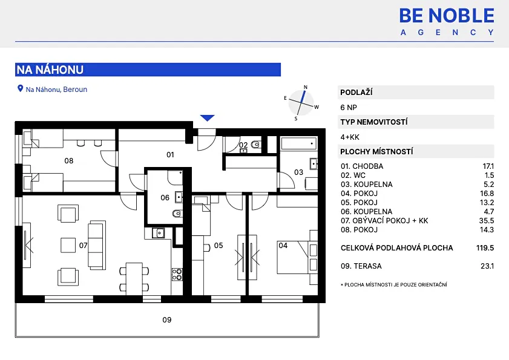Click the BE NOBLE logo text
tap(447, 15)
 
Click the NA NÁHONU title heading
tap(50, 70)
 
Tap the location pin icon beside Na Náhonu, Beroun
tap(20, 89)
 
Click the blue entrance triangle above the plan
tap(208, 118)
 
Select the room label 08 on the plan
tap(69, 161)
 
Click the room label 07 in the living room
tap(84, 246)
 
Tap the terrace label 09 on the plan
tap(167, 320)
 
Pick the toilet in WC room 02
tap(255, 145)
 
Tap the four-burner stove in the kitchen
tap(177, 274)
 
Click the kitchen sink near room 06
tap(159, 232)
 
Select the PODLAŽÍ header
tap(356, 93)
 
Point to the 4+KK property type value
tap(350, 137)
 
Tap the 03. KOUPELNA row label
tap(367, 185)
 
